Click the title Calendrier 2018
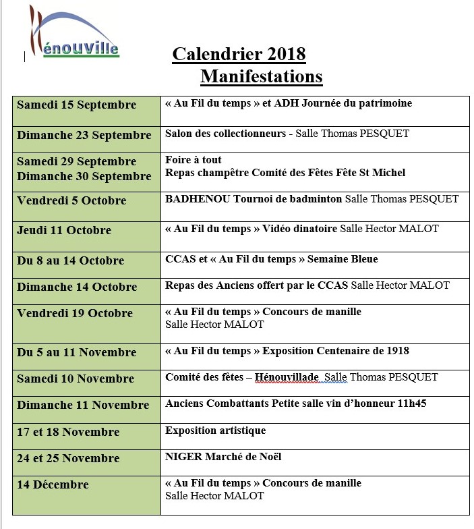point(239,54)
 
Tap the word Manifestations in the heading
point(261,76)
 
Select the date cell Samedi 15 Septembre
point(76,105)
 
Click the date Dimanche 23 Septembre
point(84,135)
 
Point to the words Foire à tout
point(194,161)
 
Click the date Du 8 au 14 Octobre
point(70,260)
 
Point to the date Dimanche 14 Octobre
point(77,287)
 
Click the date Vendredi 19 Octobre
point(75,313)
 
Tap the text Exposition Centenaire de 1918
point(336,351)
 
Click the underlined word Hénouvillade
point(287,377)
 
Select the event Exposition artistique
point(216,430)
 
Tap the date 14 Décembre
point(53,484)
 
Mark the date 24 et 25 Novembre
point(68,458)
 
